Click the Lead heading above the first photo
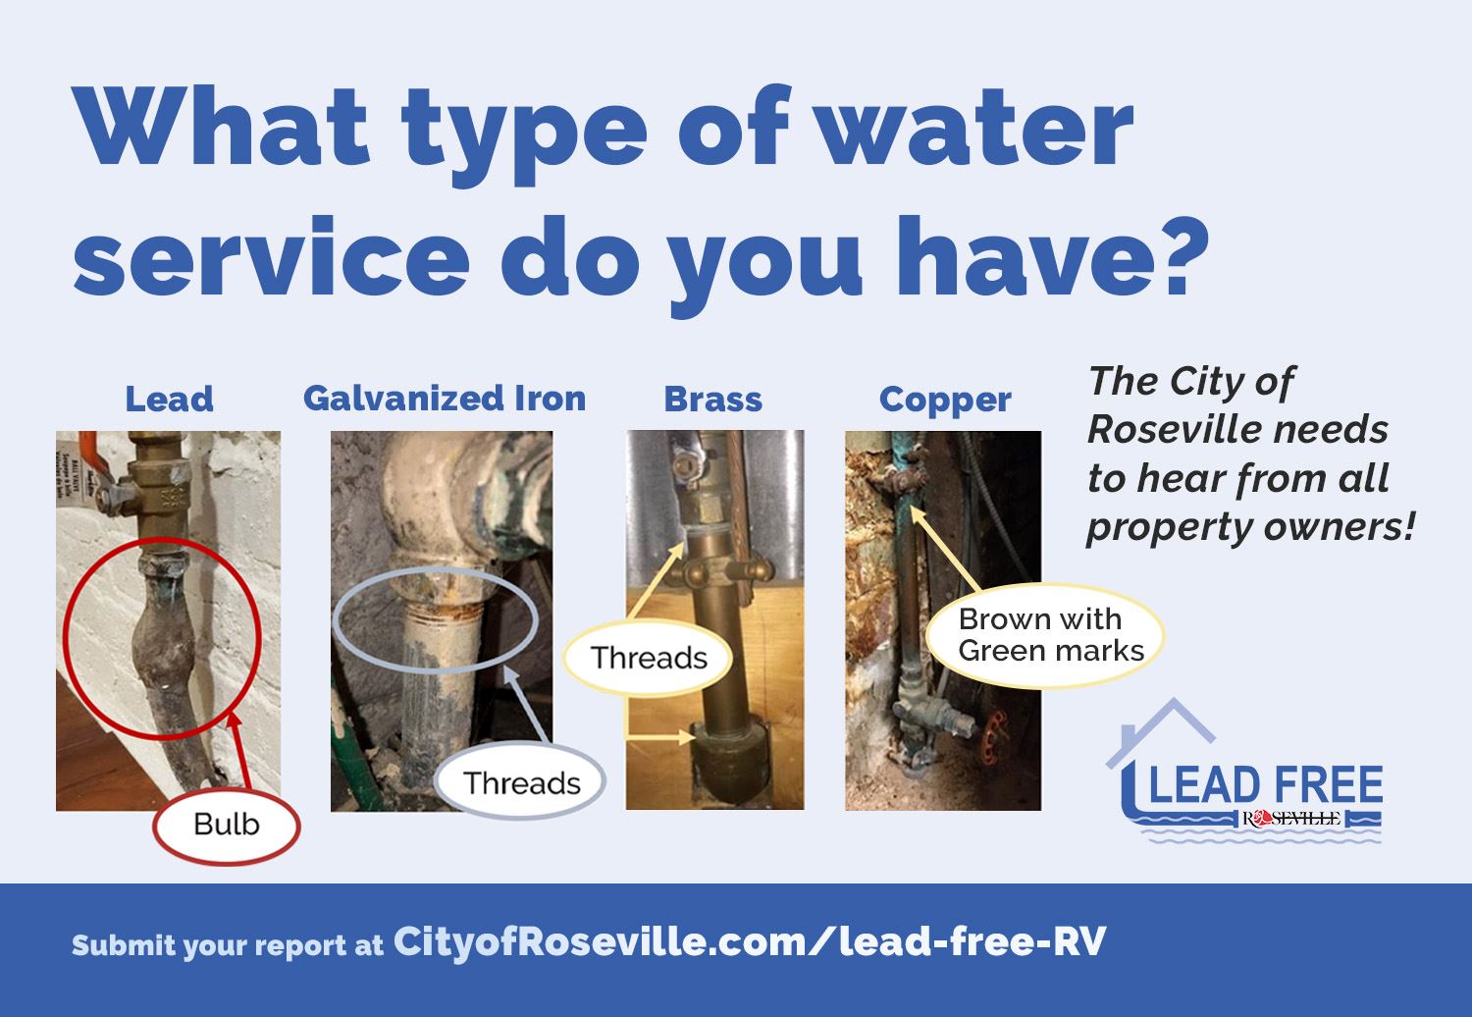coord(169,400)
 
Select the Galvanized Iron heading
coord(445,399)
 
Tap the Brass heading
coord(713,400)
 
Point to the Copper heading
coord(945,400)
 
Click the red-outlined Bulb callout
coord(227,825)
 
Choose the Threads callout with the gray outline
coord(521,783)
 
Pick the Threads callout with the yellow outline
coord(649,658)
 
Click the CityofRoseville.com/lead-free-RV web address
coord(750,942)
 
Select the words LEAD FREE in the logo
coord(1266,786)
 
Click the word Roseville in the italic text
coord(1237,430)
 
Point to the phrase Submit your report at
coord(227,945)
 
